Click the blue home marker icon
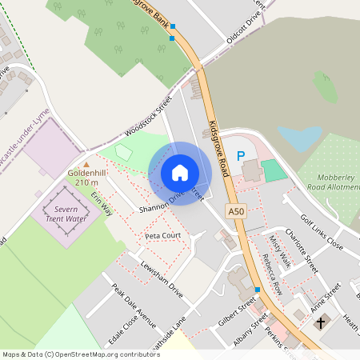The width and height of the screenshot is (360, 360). click(180, 173)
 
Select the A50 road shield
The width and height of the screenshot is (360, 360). click(234, 211)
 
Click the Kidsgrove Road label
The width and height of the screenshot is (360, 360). click(218, 149)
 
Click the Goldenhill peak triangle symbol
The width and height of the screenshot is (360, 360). click(86, 164)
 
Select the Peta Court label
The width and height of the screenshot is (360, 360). click(162, 236)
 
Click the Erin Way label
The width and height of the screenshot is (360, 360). click(102, 205)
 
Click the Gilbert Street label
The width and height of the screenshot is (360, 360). click(237, 311)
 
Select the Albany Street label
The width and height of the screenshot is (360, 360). click(249, 333)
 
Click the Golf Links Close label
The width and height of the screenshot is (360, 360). click(322, 231)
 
